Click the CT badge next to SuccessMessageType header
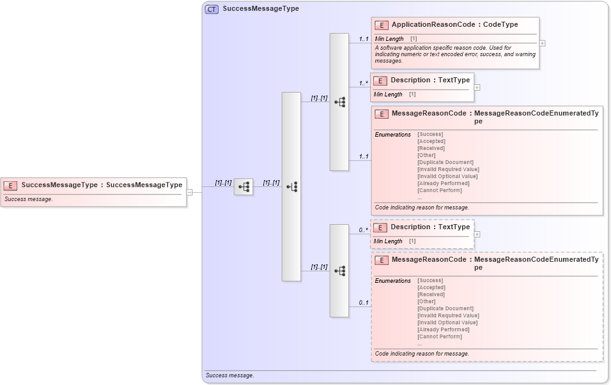212,9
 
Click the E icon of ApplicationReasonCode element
381,25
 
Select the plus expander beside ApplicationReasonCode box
542,43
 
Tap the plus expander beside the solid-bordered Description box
477,87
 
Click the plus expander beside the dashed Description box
477,234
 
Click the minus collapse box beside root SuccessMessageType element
189,192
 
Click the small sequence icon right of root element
244,187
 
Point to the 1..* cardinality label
363,83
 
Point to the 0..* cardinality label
363,230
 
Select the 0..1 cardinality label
363,303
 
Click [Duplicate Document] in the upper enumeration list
445,162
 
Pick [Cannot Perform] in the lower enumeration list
439,336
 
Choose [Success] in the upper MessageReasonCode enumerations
429,134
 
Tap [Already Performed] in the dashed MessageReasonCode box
443,329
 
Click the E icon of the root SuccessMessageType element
11,185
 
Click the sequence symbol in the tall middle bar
291,187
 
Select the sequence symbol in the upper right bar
339,102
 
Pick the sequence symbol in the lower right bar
339,271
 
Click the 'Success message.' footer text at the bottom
229,375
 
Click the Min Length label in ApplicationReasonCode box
389,39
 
